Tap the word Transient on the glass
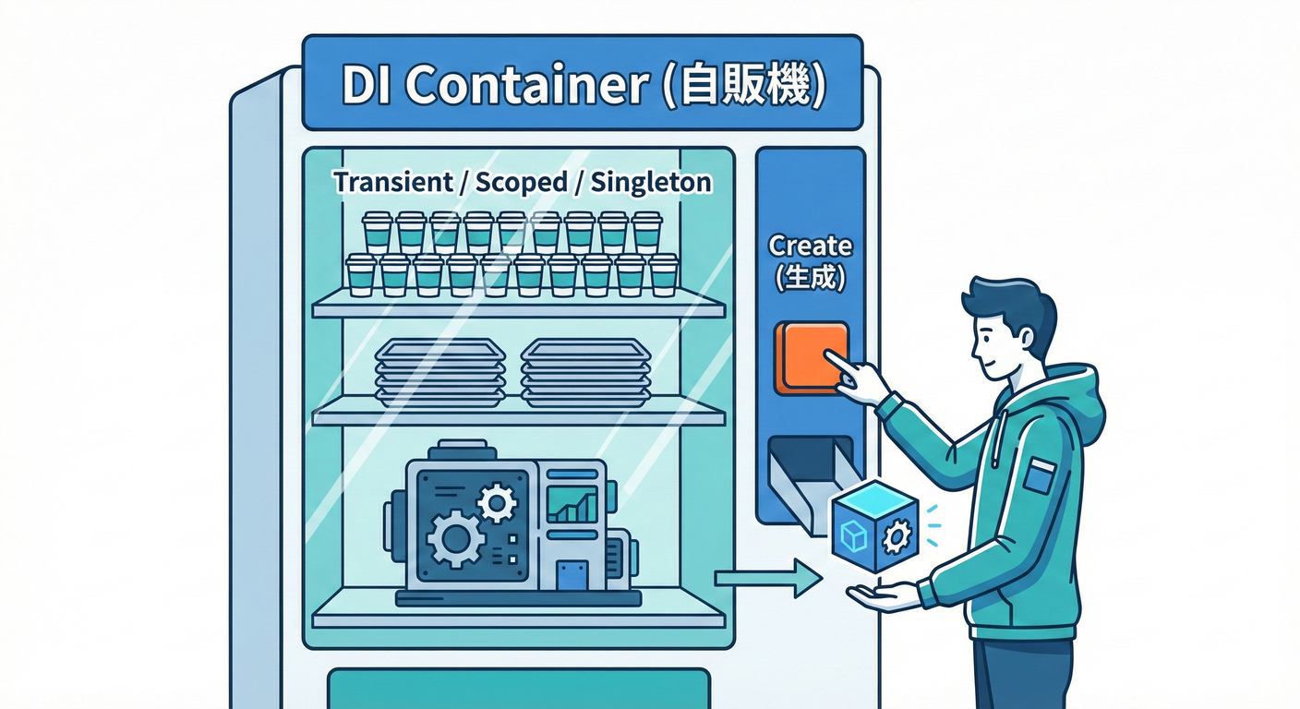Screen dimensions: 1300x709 pos(393,182)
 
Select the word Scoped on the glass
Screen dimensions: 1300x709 pos(521,183)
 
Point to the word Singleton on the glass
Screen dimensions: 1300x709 pos(651,183)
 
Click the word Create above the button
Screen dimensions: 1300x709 pos(810,246)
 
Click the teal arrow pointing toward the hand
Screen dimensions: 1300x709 pos(768,578)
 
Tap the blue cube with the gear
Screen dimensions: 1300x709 pos(875,525)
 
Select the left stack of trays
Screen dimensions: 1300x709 pos(439,373)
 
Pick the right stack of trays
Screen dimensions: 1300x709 pos(585,373)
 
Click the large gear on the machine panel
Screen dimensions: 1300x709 pos(455,538)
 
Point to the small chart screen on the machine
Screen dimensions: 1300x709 pos(572,504)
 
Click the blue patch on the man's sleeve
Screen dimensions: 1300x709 pos(1040,475)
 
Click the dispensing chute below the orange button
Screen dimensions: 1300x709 pos(810,482)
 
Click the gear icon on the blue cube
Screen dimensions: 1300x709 pos(897,535)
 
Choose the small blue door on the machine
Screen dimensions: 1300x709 pos(572,575)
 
